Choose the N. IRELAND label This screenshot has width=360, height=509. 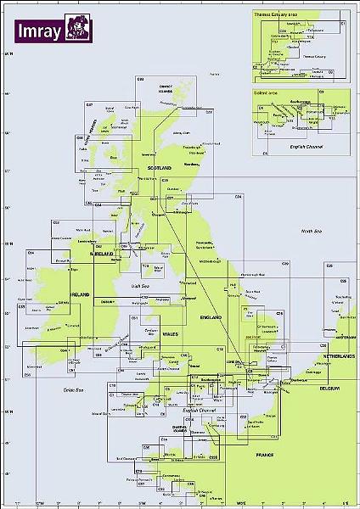[103, 254]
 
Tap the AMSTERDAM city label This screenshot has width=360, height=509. [338, 336]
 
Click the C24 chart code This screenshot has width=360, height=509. [239, 197]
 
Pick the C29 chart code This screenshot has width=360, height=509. [284, 265]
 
